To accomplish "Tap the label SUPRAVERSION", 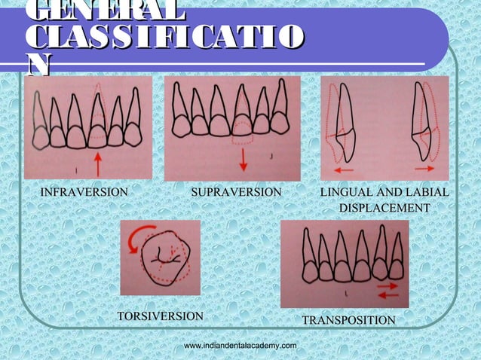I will [236, 193].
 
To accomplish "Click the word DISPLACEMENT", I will [384, 207].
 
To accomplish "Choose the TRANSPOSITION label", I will [348, 321].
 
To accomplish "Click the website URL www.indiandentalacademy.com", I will [240, 344].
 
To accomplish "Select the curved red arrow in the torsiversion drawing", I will [136, 243].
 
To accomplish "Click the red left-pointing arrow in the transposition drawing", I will [388, 295].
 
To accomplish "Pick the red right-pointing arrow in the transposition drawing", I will [388, 286].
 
